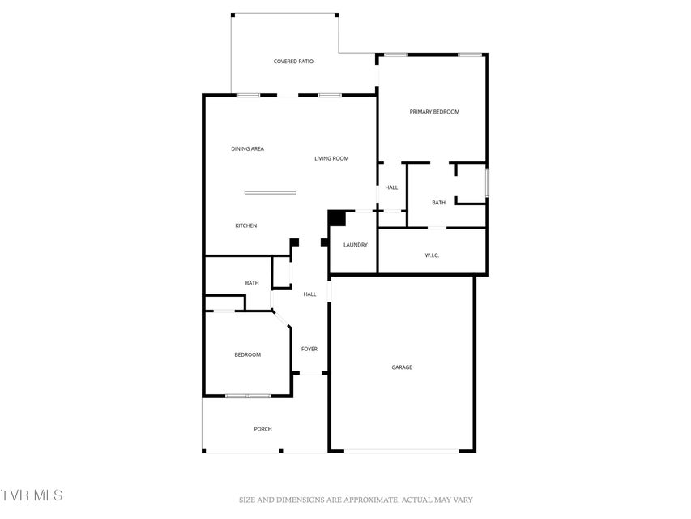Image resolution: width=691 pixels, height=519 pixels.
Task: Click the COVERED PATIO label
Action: [293, 62]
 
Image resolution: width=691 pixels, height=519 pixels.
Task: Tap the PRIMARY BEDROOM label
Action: [434, 112]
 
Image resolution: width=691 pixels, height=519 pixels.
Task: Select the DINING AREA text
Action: [248, 148]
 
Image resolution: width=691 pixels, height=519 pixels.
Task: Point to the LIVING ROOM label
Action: [331, 158]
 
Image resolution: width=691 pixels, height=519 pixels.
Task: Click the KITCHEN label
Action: [246, 225]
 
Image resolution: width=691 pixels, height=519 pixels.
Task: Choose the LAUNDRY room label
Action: [356, 245]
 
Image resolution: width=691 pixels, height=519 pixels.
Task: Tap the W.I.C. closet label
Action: [432, 255]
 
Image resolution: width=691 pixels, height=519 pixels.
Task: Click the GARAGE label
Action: [402, 367]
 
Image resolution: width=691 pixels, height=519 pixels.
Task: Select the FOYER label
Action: [309, 349]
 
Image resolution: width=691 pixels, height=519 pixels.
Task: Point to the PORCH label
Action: [263, 429]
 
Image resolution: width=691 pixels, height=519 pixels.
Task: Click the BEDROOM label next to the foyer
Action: [248, 355]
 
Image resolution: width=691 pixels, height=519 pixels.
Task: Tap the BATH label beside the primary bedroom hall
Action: [438, 203]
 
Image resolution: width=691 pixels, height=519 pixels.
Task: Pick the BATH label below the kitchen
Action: [252, 283]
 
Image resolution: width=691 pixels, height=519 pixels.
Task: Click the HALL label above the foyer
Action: [309, 294]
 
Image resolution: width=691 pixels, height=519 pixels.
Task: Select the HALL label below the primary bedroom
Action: [391, 187]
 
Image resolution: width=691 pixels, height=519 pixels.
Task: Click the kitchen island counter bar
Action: [270, 193]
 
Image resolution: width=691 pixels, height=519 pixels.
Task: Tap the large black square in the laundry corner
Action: [337, 218]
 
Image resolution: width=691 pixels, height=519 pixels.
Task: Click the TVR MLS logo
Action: [32, 495]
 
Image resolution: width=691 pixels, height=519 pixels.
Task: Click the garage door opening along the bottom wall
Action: [402, 451]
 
